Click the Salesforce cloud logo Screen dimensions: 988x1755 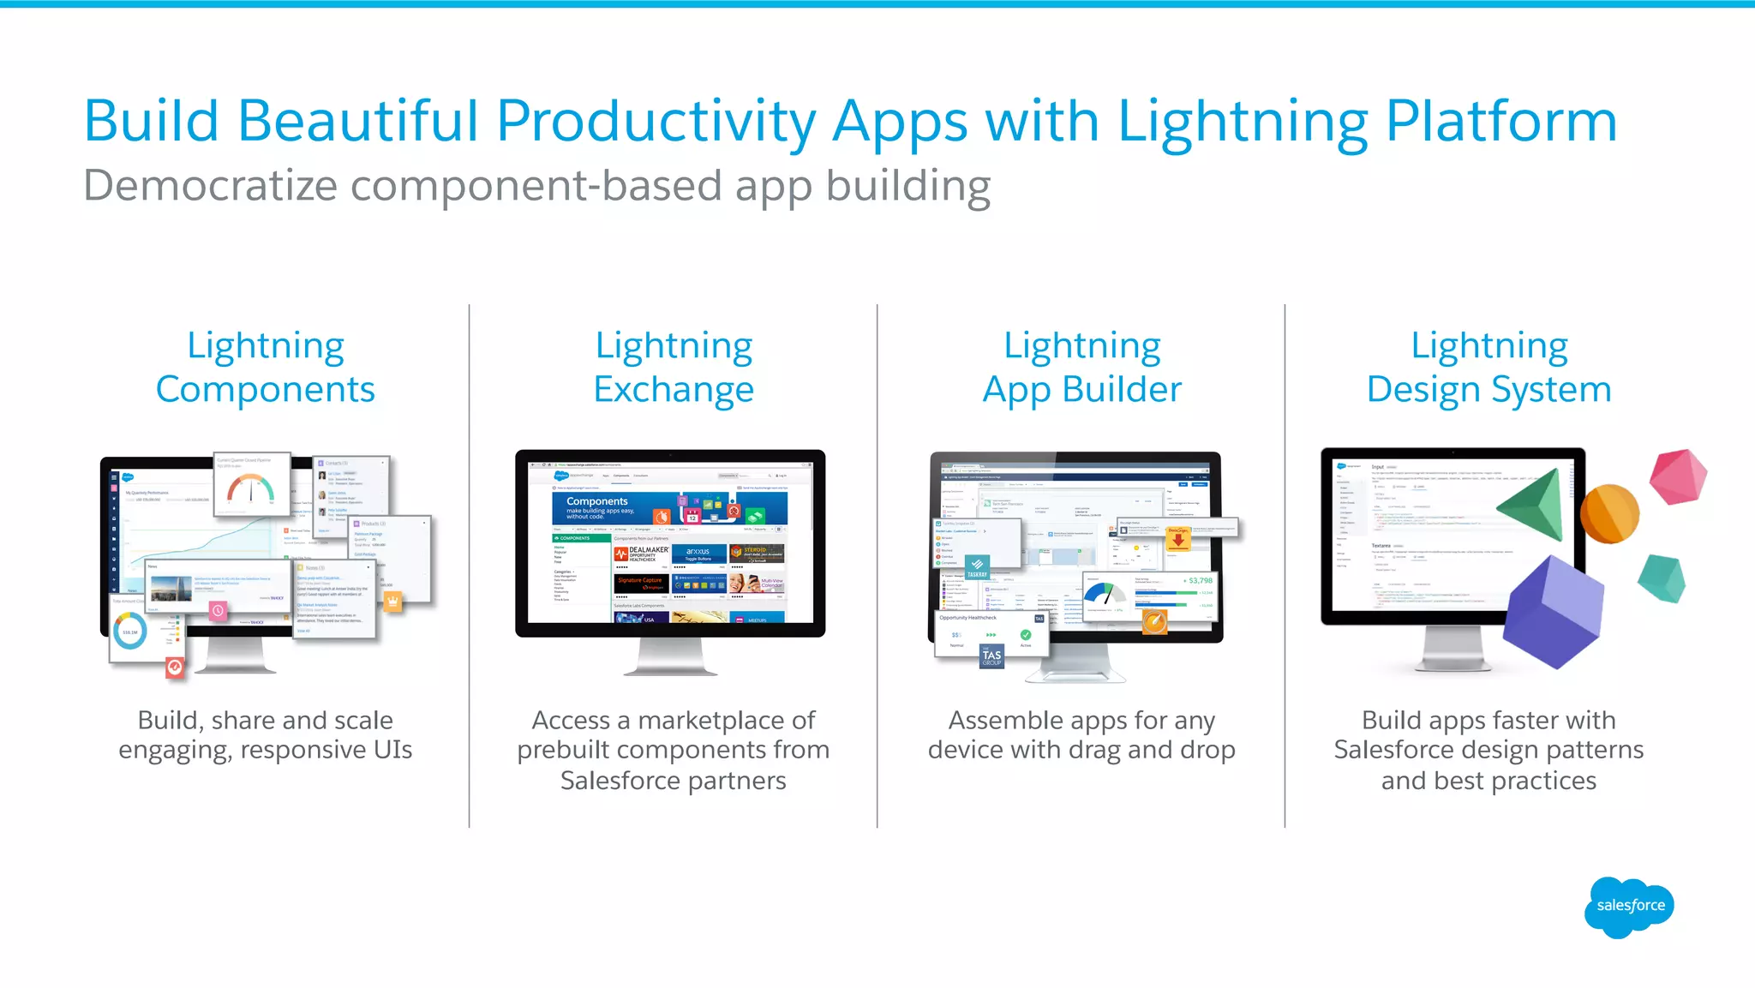tap(1629, 907)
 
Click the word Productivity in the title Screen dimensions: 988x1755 tap(656, 122)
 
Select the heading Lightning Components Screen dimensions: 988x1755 tap(266, 368)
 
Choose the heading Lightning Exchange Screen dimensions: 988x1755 tap(674, 368)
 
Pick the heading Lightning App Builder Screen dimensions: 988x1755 tap(1081, 368)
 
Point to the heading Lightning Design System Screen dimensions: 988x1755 tap(1489, 368)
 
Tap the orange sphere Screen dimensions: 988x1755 tap(1609, 513)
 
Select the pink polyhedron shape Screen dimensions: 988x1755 tap(1678, 476)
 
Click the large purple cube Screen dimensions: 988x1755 tap(1552, 611)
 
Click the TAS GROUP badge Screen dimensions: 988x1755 tap(991, 656)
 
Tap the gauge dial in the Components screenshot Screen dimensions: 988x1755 tap(251, 488)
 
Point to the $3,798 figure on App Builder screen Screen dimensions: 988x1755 tap(1199, 581)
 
